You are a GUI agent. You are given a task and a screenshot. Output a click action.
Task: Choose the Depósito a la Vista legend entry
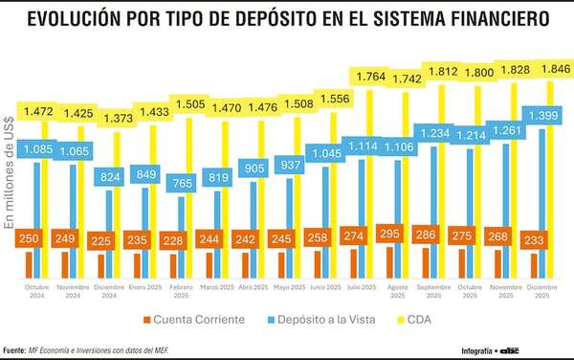point(319,318)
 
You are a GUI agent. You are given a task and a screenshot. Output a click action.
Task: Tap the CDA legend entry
point(418,318)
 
